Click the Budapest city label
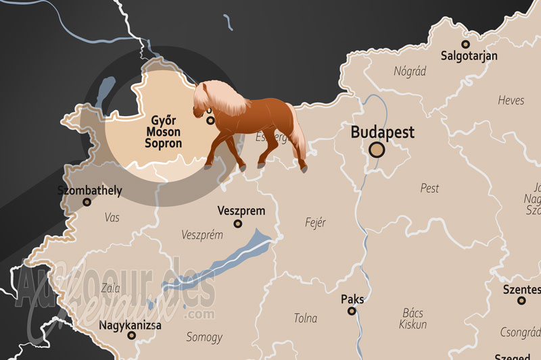pos(382,132)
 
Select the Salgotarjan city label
pos(469,56)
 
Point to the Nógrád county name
pos(410,71)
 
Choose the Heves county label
pos(511,100)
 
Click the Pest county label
pos(429,188)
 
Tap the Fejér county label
pos(316,222)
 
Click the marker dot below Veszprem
pos(237,224)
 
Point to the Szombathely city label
pos(90,190)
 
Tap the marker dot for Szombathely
pos(87,202)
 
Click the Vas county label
pos(112,217)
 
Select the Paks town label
pos(352,298)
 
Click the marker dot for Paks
pos(352,311)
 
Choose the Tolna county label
pos(305,318)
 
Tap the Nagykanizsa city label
pos(131,325)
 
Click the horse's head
pos(202,100)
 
